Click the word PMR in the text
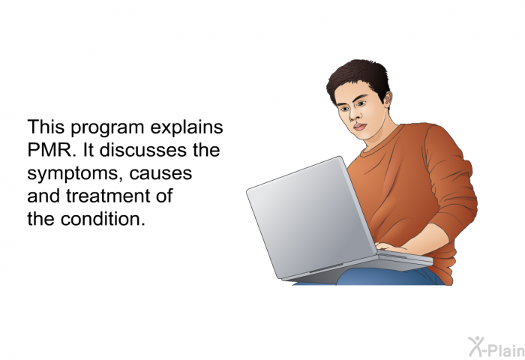tap(49, 150)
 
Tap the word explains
tap(187, 128)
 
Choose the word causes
tap(160, 174)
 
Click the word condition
tap(103, 219)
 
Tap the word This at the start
tap(46, 127)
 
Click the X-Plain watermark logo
tap(496, 347)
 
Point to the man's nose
tap(355, 115)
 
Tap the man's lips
tap(359, 127)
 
